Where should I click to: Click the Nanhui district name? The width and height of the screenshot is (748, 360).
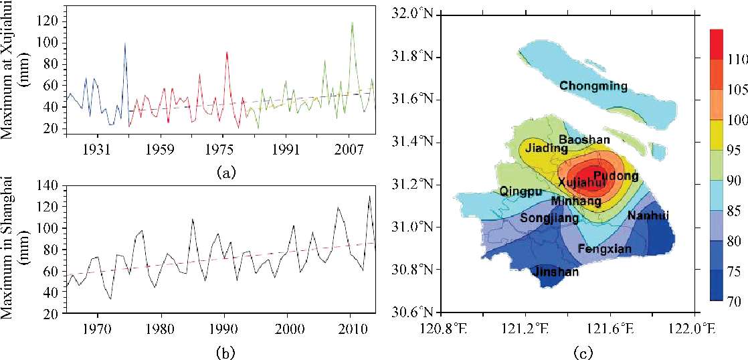point(648,215)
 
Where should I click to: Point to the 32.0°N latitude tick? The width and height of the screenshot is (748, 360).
point(413,13)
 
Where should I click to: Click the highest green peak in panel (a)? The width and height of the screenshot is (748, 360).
point(352,23)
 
